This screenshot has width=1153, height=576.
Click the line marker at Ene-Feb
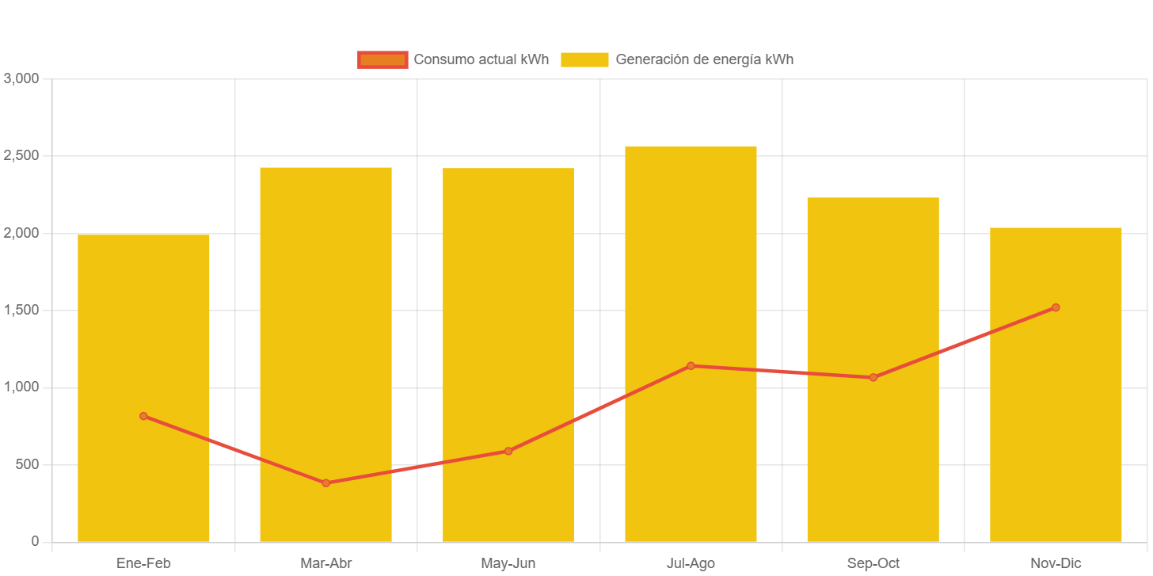click(x=143, y=416)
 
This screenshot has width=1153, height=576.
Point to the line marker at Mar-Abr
click(x=325, y=483)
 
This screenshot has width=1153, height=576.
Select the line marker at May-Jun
click(x=508, y=451)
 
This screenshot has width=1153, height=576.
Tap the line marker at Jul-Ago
click(x=691, y=366)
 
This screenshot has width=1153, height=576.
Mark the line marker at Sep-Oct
click(x=873, y=377)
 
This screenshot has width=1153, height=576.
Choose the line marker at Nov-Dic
click(x=1056, y=307)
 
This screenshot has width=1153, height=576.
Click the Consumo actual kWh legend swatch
click(x=382, y=59)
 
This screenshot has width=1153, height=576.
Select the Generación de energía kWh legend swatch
click(x=584, y=59)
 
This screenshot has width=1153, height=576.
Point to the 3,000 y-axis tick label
click(x=21, y=78)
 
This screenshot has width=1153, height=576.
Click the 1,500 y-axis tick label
click(x=21, y=310)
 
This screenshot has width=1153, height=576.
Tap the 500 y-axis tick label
click(x=28, y=464)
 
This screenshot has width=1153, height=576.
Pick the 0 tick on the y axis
click(x=35, y=541)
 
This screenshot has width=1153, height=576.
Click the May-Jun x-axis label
click(x=508, y=563)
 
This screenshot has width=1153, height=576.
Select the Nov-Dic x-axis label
click(x=1056, y=563)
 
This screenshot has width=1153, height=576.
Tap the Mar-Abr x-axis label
click(x=325, y=563)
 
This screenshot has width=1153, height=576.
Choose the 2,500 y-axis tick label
click(x=21, y=155)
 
